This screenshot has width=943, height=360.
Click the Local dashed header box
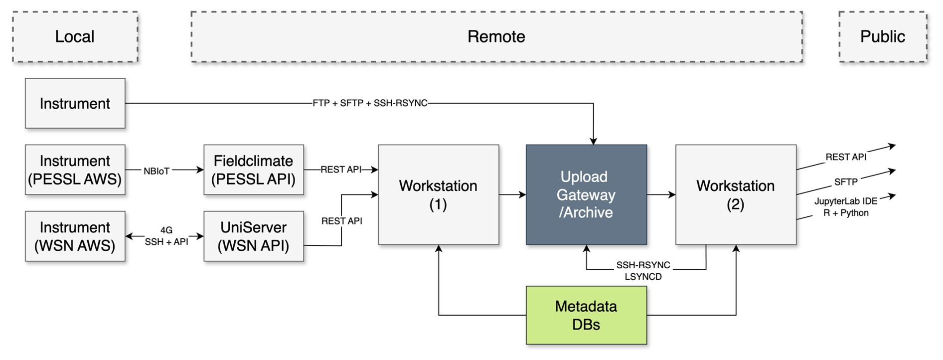[x=75, y=37]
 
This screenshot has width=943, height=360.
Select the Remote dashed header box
[x=496, y=37]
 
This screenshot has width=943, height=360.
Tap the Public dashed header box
[x=883, y=37]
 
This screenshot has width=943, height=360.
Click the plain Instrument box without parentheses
[x=75, y=103]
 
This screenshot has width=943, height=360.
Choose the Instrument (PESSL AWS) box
[x=75, y=170]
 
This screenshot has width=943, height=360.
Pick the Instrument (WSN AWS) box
[x=75, y=236]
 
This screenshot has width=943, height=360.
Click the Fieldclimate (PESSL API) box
[x=254, y=170]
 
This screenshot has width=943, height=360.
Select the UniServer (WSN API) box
[x=254, y=236]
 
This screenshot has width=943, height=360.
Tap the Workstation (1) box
[x=439, y=195]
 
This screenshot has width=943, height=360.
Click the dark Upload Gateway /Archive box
[x=586, y=195]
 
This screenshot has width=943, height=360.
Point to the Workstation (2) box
[x=736, y=195]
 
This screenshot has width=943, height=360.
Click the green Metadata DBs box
[x=586, y=315]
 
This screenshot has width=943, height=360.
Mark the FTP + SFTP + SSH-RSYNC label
[x=370, y=103]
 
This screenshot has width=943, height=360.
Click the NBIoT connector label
[x=157, y=171]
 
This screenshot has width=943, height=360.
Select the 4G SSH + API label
[x=166, y=236]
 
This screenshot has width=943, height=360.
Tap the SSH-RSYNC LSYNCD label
[x=643, y=271]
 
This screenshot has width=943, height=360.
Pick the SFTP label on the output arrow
[x=846, y=182]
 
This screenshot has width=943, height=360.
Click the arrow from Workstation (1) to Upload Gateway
[x=512, y=194]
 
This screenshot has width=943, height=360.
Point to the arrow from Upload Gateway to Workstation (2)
[x=661, y=194]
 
